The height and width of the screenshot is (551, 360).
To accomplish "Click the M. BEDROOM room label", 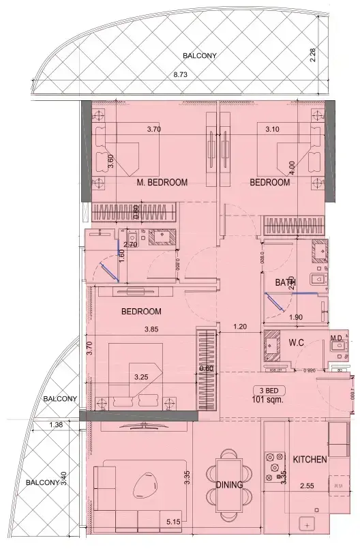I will click(162, 182).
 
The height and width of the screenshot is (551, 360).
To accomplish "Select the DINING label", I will click(228, 486).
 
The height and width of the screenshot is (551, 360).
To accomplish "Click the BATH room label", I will click(285, 282).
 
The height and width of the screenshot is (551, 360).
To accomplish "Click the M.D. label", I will click(336, 338).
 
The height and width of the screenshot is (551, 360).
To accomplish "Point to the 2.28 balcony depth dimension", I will click(313, 55).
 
